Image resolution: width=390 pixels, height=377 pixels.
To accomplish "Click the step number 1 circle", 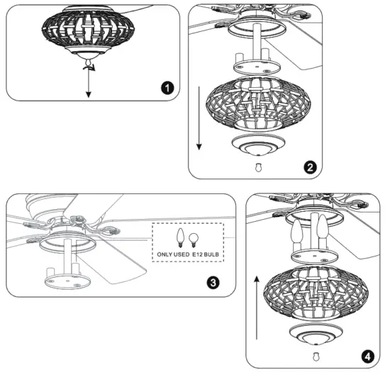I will coord(166,88).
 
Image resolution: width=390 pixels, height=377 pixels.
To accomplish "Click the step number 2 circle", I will coord(309,167).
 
